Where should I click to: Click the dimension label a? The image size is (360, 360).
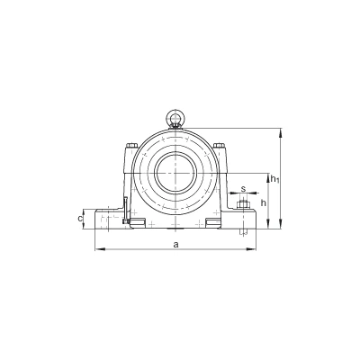(x=176, y=245)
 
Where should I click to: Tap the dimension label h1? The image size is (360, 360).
(x=274, y=179)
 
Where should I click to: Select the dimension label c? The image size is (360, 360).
(x=80, y=219)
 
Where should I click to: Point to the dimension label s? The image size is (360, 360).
(x=244, y=189)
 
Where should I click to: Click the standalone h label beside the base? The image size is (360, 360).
(x=264, y=203)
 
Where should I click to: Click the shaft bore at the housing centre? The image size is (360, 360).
(x=175, y=174)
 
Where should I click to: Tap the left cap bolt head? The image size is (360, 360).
(x=131, y=146)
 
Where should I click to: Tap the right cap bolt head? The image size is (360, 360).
(x=219, y=146)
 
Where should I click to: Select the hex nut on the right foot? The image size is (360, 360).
(x=244, y=205)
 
